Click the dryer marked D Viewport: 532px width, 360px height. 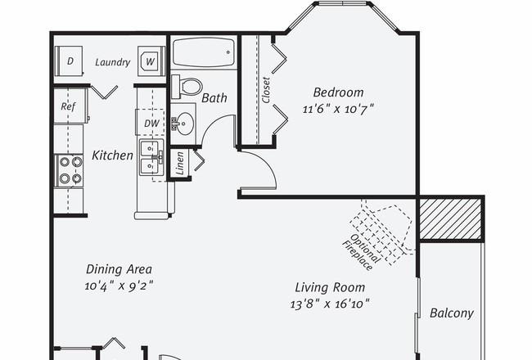(x=70, y=61)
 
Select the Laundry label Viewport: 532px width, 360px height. (x=113, y=62)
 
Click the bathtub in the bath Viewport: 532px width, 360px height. (x=204, y=52)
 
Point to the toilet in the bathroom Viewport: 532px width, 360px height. (x=187, y=87)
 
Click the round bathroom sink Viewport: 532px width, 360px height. (x=185, y=124)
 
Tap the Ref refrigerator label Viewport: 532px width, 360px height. (x=68, y=106)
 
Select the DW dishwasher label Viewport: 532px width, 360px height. (x=151, y=124)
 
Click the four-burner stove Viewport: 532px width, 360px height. (x=70, y=170)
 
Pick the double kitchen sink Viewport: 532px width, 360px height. (x=151, y=157)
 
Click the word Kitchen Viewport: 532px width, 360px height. (x=113, y=155)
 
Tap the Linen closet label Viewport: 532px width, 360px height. (x=180, y=163)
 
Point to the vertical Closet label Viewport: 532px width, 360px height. (x=266, y=90)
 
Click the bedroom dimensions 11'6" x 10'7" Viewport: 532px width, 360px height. (x=338, y=110)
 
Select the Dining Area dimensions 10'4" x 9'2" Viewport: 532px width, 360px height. (x=119, y=286)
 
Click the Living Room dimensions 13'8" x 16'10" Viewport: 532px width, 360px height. (x=330, y=304)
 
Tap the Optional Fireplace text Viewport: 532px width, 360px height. (x=361, y=251)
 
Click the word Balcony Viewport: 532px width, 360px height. (x=452, y=313)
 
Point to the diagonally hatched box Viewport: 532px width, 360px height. (x=451, y=218)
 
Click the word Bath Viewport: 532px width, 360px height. (x=214, y=98)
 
